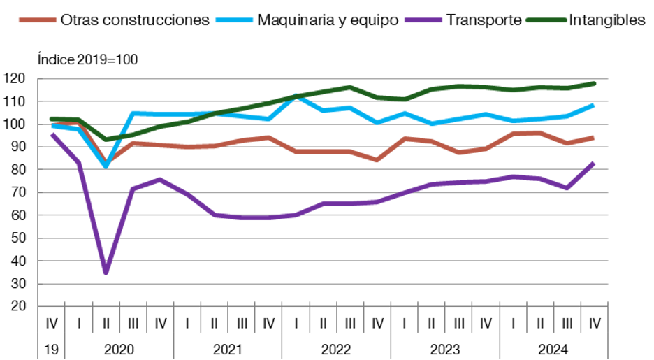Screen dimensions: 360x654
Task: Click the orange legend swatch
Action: point(37,20)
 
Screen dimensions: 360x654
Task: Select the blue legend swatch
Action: point(234,20)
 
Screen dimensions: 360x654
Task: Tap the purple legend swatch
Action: point(423,20)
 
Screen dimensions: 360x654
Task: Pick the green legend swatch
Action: point(546,20)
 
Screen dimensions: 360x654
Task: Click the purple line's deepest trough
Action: point(106,272)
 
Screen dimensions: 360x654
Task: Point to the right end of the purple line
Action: point(594,162)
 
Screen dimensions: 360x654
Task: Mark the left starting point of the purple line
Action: point(51,134)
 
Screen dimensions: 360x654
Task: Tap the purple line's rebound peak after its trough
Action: point(160,179)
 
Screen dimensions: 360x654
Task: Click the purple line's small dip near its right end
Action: point(567,188)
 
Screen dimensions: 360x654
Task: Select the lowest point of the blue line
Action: point(106,166)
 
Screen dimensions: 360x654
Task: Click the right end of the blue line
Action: point(594,105)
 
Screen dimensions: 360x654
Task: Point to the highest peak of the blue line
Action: point(296,96)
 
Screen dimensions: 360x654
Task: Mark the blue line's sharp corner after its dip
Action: point(133,113)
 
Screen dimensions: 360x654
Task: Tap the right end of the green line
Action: point(594,83)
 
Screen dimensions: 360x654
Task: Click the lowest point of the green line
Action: point(106,139)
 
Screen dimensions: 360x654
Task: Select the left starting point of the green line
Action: point(51,119)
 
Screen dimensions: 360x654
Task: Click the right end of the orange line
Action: point(594,137)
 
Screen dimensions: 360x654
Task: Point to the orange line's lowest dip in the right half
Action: point(377,160)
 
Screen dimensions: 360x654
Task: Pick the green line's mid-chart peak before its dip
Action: point(349,87)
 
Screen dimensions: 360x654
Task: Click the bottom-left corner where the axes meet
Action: point(37,306)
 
